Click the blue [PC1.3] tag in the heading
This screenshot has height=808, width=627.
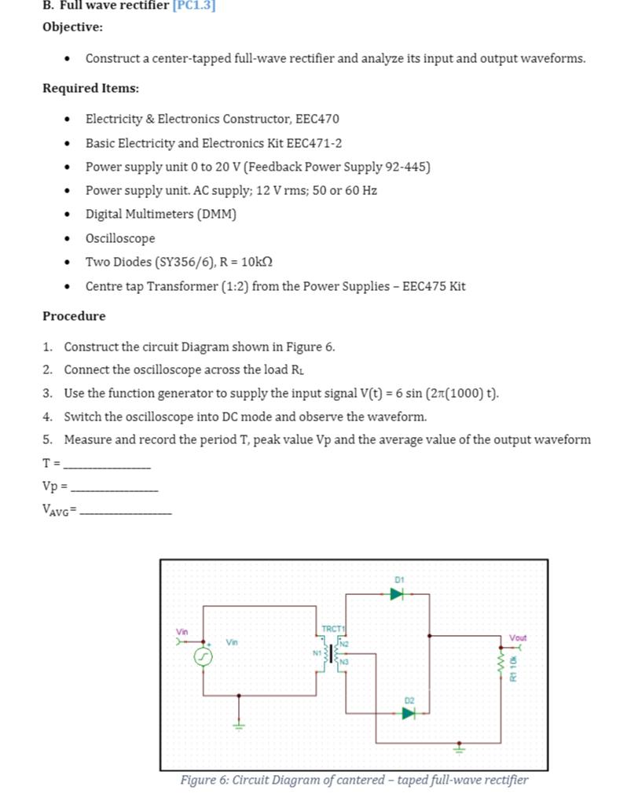pyautogui.click(x=193, y=6)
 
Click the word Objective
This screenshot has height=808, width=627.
pyautogui.click(x=72, y=27)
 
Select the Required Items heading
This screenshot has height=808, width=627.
pyautogui.click(x=90, y=88)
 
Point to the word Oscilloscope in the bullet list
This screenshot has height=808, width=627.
pyautogui.click(x=120, y=238)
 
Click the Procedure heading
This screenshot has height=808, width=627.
pyautogui.click(x=74, y=316)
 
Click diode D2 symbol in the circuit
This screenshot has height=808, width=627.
pyautogui.click(x=408, y=713)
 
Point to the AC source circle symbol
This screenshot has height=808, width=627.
pyautogui.click(x=203, y=656)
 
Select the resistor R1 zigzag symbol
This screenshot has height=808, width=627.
pyautogui.click(x=500, y=666)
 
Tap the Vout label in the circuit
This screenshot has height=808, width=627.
pyautogui.click(x=518, y=637)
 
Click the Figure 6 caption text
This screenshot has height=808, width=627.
pyautogui.click(x=354, y=780)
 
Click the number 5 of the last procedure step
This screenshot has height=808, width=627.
pyautogui.click(x=48, y=440)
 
